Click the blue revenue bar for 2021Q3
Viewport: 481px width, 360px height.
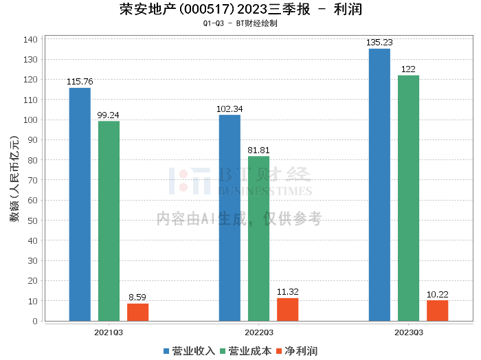80,205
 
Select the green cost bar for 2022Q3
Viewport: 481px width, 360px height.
258,238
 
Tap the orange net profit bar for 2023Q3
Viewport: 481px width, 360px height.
438,311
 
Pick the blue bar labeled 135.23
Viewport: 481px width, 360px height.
379,185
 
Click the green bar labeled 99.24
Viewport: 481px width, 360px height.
109,221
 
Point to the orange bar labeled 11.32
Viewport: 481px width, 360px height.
288,310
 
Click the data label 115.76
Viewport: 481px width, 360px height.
80,82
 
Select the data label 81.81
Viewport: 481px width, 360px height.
258,150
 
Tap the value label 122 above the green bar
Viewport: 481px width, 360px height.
408,69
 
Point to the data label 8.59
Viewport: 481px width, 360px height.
137,297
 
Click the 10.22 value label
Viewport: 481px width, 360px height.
438,294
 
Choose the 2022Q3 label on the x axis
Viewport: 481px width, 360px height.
259,333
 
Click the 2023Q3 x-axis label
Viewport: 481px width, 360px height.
409,333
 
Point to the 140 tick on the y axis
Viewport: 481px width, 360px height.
30,40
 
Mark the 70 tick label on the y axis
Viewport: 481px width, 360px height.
32,180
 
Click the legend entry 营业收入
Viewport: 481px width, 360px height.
189,351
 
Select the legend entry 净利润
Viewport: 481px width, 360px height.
297,351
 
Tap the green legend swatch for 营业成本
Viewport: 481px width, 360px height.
223,352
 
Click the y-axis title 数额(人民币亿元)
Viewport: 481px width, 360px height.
14,179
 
